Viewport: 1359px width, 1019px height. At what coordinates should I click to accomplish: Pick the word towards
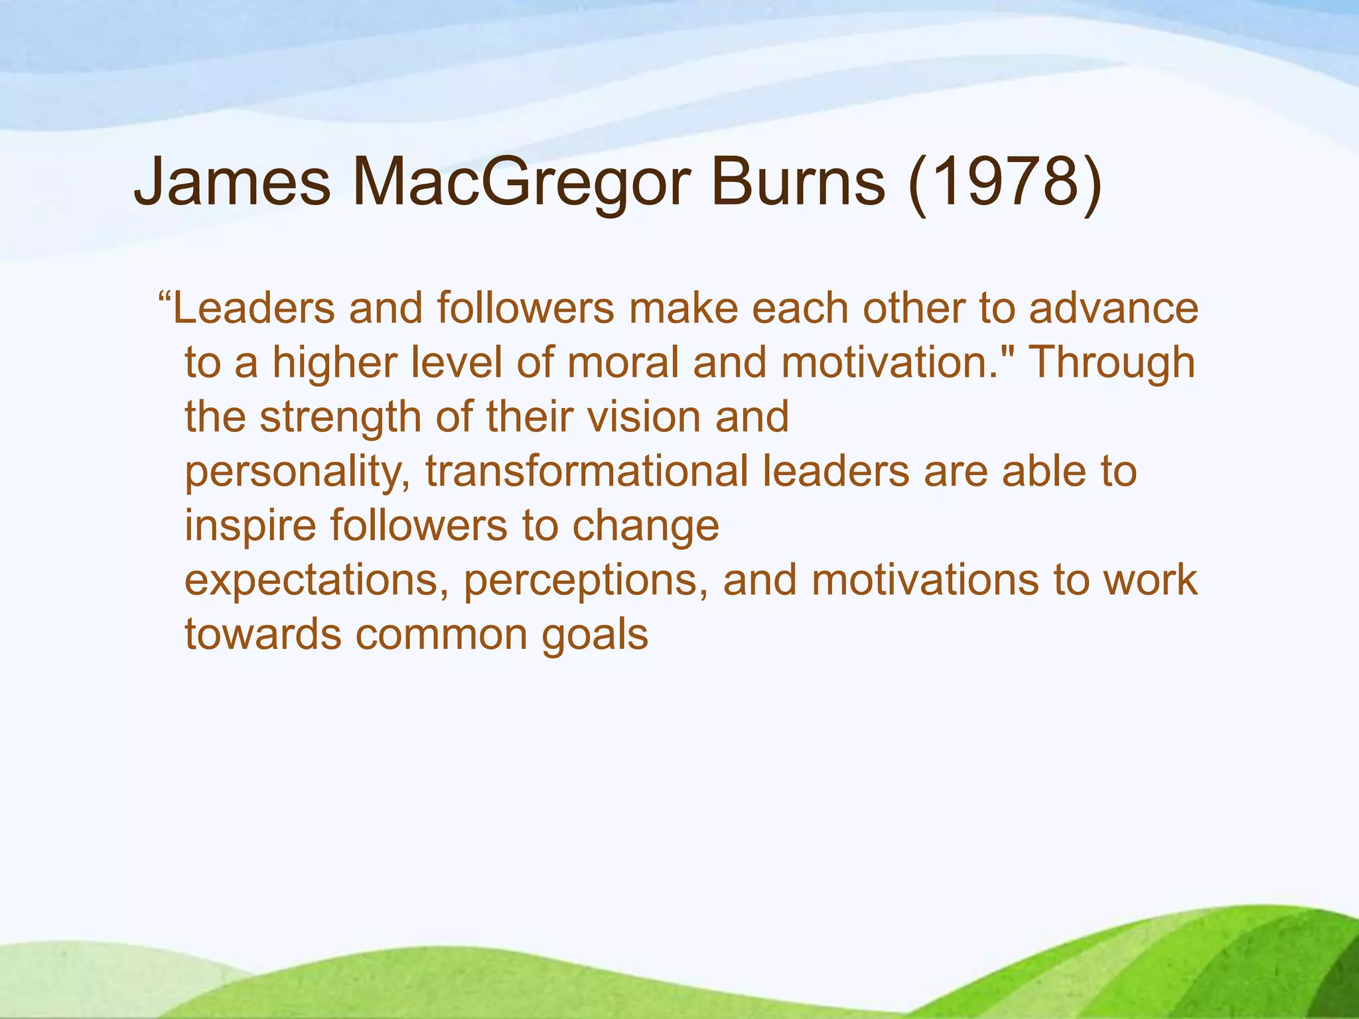pyautogui.click(x=263, y=635)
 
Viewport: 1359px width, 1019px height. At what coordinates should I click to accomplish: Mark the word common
pyautogui.click(x=441, y=635)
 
